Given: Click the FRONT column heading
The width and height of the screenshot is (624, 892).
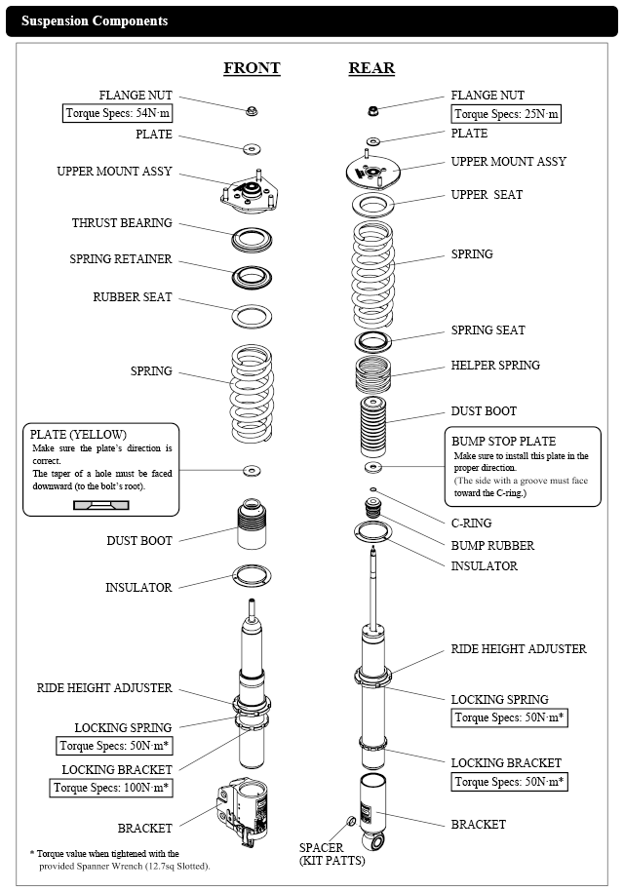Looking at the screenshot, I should [252, 68].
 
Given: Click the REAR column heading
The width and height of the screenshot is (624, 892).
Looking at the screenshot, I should [371, 68].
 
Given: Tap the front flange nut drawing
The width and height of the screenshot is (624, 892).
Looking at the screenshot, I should [251, 109].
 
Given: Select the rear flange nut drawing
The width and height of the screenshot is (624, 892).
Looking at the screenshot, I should [372, 108].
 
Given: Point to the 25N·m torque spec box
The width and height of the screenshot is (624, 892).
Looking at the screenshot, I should [507, 115].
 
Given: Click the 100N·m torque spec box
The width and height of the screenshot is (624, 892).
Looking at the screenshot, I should [112, 788].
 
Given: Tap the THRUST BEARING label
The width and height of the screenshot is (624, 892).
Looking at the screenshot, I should [122, 223].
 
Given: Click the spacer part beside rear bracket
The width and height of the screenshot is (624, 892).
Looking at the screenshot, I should [350, 821].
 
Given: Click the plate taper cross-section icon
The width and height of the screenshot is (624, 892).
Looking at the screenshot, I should [100, 504].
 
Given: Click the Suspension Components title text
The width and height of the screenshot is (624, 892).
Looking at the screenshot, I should [95, 20].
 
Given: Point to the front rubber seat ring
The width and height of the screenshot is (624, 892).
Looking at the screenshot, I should [252, 315].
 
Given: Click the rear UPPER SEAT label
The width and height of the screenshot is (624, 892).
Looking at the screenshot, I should [487, 195].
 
